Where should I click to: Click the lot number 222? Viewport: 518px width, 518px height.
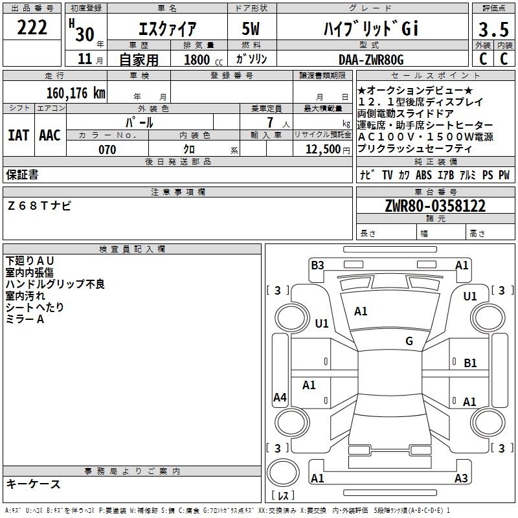32,27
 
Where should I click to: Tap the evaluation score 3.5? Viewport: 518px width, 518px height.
493,29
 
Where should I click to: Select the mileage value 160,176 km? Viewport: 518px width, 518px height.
76,93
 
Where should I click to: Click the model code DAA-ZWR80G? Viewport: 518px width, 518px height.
371,60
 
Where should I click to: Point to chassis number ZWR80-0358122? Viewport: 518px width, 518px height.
435,206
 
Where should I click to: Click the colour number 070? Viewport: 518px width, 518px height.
107,150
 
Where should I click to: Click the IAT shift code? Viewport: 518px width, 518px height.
19,135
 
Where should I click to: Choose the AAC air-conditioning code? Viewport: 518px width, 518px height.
50,135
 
